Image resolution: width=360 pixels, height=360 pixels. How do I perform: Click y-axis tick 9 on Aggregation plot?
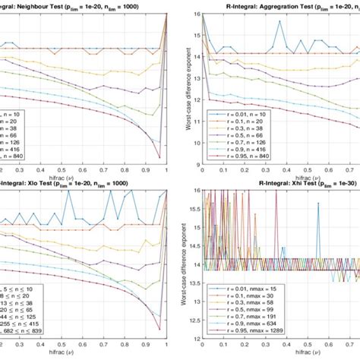pos(198,164)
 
